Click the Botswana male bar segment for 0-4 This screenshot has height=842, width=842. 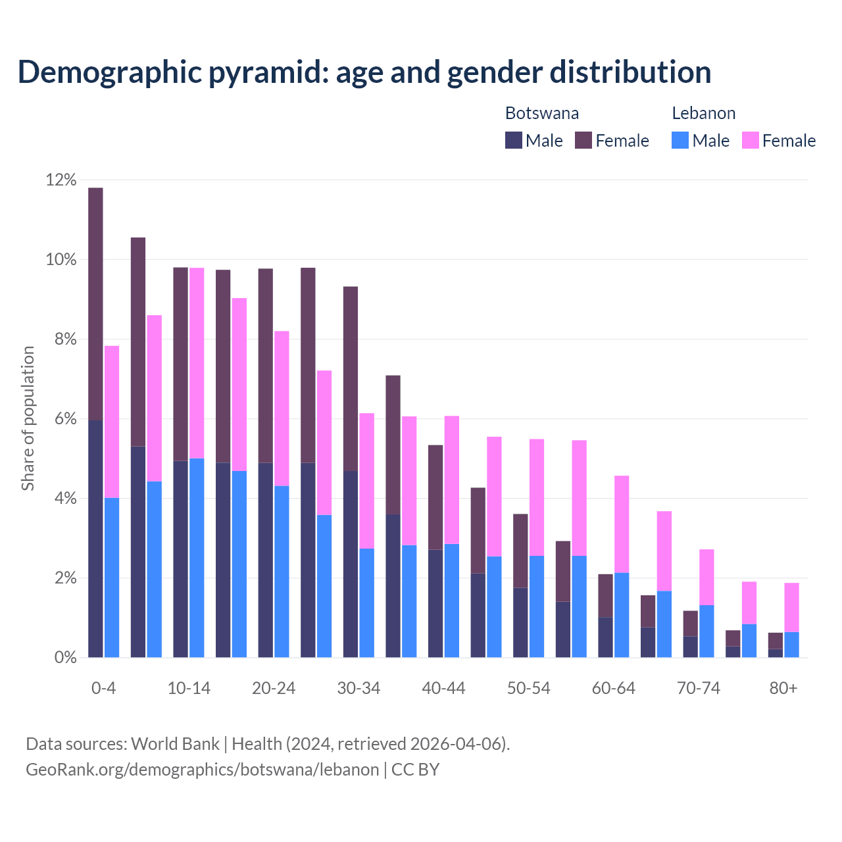coord(95,538)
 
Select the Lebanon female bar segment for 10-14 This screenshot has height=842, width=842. coord(197,363)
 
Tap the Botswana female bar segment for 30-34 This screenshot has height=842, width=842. coord(351,378)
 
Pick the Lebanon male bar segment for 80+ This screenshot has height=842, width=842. coord(791,645)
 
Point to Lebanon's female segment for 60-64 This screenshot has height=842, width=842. coord(622,524)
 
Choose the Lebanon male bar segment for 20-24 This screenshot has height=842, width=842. coord(282,571)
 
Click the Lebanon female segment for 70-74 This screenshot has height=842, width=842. coord(706,577)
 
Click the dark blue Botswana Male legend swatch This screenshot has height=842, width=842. coord(514,140)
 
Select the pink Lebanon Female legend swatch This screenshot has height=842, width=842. coord(750,140)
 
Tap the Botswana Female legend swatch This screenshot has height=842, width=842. coord(583,140)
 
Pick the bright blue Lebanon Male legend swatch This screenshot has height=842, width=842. coord(680,140)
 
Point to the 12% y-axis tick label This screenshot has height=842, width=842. coord(61,180)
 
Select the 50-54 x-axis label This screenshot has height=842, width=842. coord(528,688)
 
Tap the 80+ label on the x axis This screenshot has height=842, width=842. coord(783,688)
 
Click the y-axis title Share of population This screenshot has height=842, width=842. coord(28,418)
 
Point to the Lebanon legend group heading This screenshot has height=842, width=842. coord(703,113)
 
